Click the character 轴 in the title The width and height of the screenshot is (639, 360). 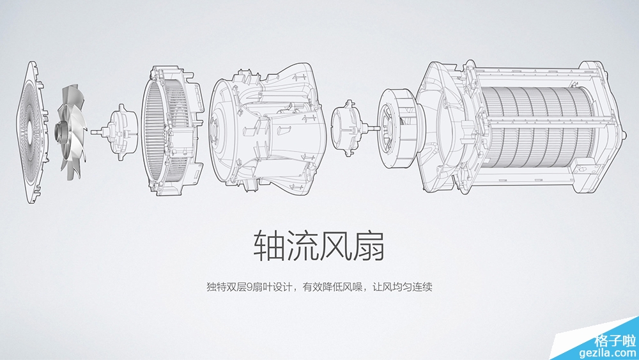pos(270,246)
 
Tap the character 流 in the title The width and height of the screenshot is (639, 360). pos(302,246)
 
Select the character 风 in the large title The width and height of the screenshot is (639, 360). pos(335,246)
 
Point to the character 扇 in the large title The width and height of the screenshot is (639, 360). pos(369,246)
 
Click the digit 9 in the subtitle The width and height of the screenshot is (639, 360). pos(250,287)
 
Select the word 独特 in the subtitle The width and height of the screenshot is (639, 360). pos(217,287)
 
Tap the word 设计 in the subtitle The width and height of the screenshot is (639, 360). pos(282,287)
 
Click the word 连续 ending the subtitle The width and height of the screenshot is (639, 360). pos(422,287)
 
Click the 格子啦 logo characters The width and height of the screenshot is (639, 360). pos(615,340)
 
